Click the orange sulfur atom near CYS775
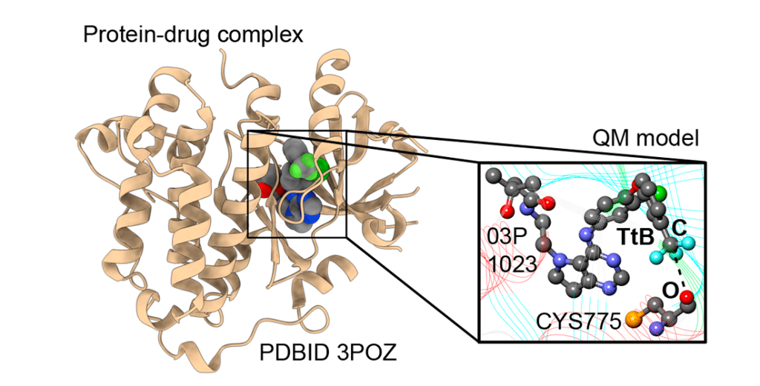coord(633,320)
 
